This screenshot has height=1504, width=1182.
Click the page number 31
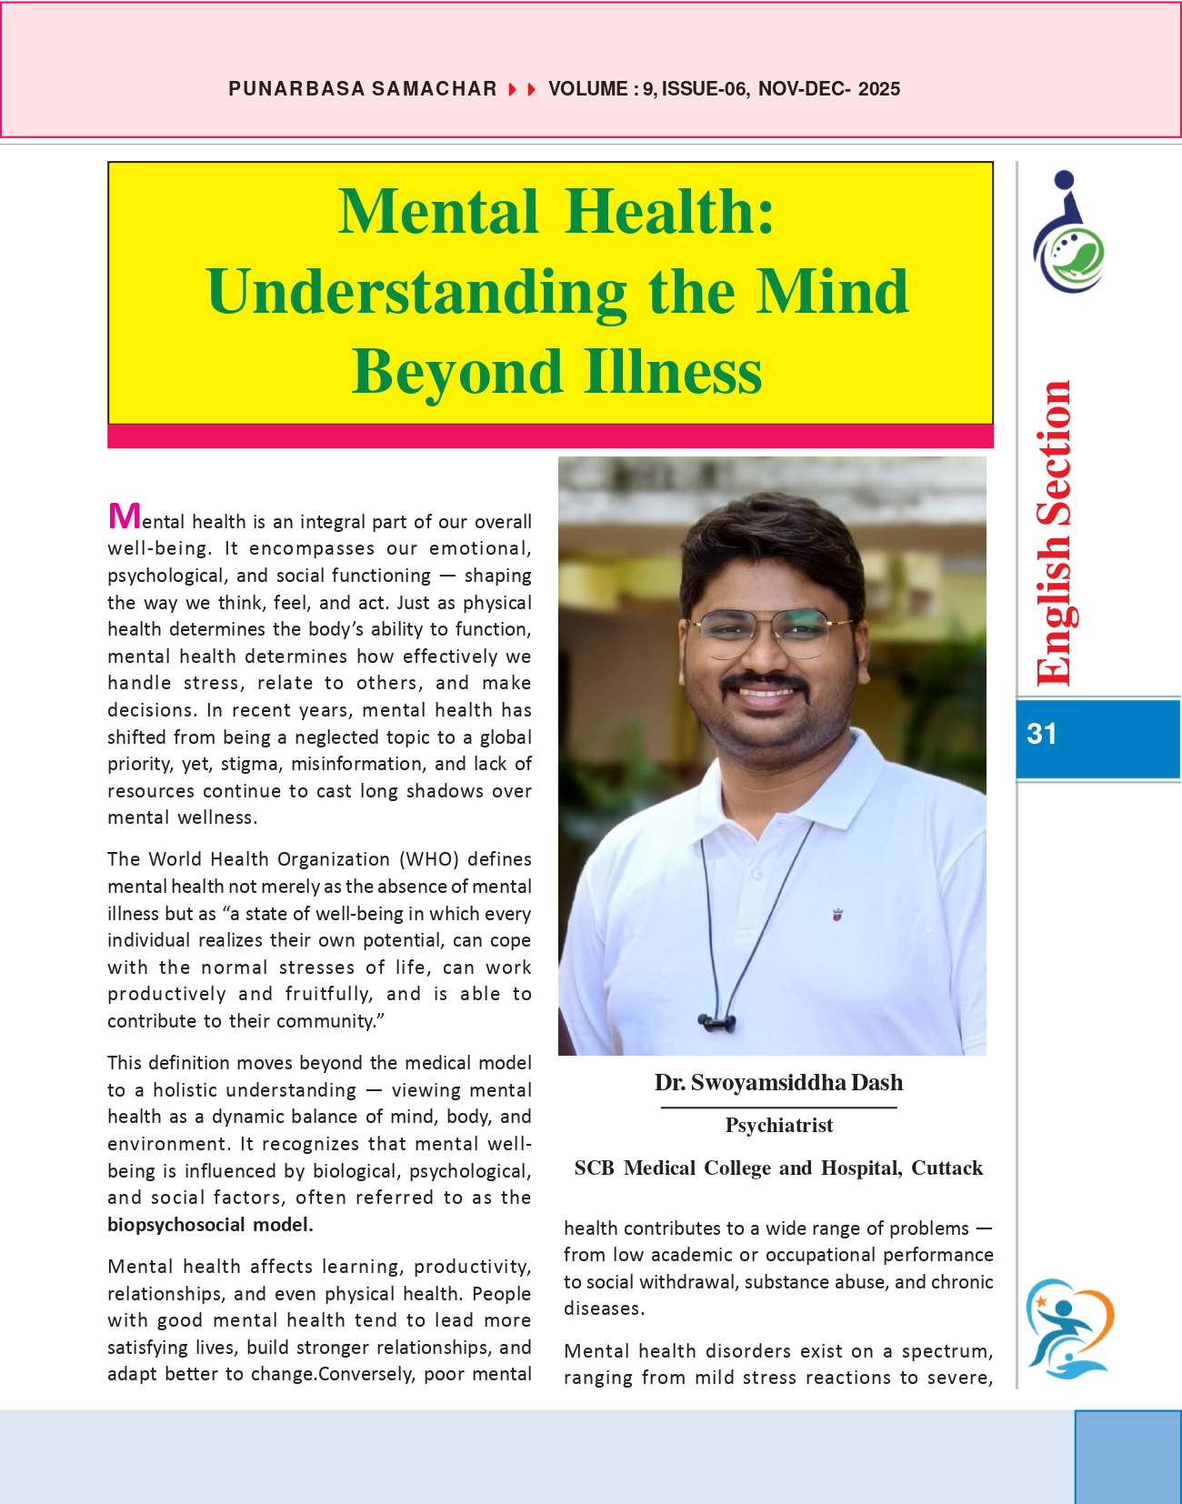tap(1041, 734)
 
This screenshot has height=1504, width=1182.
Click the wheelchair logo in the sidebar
tap(1068, 234)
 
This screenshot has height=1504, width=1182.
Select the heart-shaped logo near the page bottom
tap(1069, 1329)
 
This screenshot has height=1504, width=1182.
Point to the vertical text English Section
tap(1055, 533)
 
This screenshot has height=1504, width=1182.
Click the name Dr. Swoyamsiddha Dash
tap(778, 1083)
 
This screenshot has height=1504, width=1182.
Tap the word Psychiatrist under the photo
tap(778, 1126)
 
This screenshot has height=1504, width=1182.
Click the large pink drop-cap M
tap(124, 516)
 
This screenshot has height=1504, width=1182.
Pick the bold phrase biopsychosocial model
tap(210, 1225)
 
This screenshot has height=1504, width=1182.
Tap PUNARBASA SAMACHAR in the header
tap(362, 89)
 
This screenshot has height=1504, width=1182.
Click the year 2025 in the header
tap(878, 89)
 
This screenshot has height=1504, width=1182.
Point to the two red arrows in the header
tap(522, 89)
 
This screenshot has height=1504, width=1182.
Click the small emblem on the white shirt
tap(837, 915)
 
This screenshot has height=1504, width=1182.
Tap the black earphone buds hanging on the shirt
tap(716, 1023)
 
